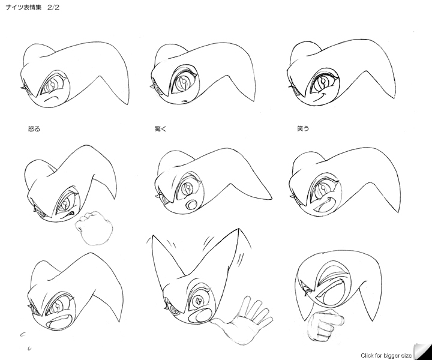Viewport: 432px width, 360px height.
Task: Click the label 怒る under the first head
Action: click(34, 128)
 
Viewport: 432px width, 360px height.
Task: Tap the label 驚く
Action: click(161, 128)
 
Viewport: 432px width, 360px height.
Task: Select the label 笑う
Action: click(303, 128)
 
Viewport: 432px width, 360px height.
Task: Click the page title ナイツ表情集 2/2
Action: click(32, 7)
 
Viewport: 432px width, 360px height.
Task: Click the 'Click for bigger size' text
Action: click(386, 355)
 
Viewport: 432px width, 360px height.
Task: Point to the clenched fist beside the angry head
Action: click(94, 228)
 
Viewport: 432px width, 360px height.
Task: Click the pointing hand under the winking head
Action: click(326, 325)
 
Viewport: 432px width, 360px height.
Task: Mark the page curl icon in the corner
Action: click(422, 351)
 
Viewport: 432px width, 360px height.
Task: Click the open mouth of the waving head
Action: click(200, 316)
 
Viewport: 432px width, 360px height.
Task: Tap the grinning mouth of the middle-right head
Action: click(325, 204)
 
